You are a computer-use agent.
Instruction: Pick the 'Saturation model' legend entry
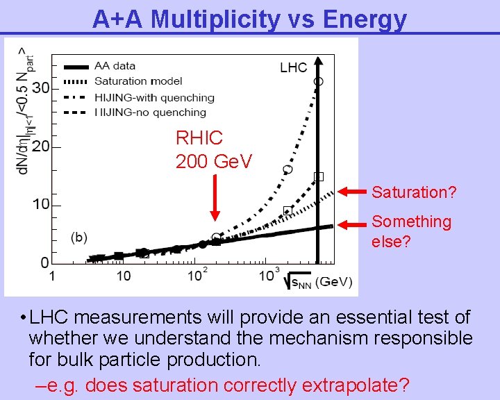click(133, 82)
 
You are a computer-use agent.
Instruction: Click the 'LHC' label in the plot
click(293, 67)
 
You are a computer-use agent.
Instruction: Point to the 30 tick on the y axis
click(40, 88)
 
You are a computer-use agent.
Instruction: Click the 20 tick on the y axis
click(40, 147)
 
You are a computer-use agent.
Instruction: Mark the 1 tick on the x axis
click(51, 276)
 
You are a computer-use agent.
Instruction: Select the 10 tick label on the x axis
click(122, 276)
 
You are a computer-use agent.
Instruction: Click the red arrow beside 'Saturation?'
click(352, 191)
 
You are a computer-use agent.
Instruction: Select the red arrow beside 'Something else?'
click(352, 224)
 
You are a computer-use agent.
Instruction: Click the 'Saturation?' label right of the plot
click(414, 192)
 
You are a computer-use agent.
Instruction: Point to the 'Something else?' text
click(411, 231)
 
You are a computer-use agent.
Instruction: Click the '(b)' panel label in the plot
click(78, 237)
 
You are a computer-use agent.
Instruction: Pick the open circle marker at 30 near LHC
click(318, 81)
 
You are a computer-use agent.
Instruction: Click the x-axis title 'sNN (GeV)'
click(319, 281)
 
